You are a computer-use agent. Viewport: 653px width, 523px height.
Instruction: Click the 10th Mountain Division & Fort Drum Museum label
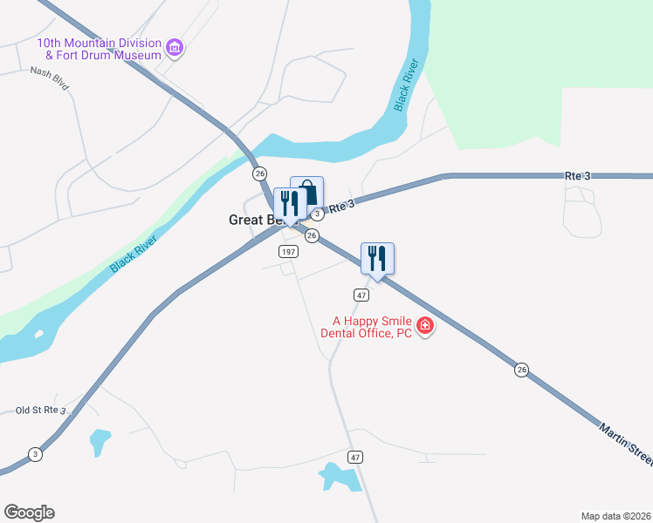click(x=99, y=49)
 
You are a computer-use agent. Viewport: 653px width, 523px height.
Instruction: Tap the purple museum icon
click(x=175, y=47)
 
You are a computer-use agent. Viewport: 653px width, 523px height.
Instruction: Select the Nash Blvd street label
click(x=49, y=73)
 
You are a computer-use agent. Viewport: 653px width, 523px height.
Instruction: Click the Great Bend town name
click(x=252, y=220)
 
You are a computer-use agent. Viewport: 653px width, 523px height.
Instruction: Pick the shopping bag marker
click(x=308, y=193)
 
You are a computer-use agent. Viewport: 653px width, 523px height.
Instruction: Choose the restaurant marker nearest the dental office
click(x=377, y=260)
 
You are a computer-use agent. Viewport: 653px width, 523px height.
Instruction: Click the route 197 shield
click(x=289, y=251)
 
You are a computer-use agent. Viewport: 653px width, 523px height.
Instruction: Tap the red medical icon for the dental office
click(x=425, y=327)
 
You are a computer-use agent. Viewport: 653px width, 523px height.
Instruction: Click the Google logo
click(x=29, y=513)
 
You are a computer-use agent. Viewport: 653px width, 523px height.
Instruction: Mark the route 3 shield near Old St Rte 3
click(x=35, y=453)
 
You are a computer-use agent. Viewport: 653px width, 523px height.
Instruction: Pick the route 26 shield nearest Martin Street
click(x=522, y=370)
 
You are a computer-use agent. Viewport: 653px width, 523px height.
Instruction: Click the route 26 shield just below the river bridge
click(x=259, y=174)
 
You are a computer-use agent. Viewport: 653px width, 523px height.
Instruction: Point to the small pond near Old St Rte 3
click(x=100, y=441)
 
